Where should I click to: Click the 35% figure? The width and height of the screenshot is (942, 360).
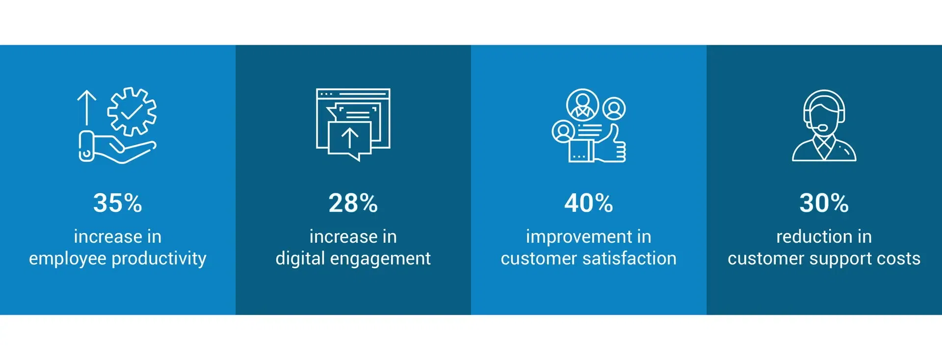pos(118,203)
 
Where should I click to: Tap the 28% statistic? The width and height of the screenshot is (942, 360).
pos(353,203)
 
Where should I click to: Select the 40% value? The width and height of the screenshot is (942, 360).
pos(589,203)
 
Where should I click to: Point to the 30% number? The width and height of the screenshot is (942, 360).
pos(824,203)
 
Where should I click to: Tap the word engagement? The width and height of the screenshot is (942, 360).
pos(381,259)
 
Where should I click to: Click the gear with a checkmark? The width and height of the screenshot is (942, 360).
pos(132,111)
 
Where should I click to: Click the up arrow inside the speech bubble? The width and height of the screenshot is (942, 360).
pos(350,138)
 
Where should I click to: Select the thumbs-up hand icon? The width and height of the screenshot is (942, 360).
pos(610,144)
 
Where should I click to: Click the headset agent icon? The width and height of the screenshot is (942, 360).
pos(824,126)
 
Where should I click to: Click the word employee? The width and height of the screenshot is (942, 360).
pos(68,258)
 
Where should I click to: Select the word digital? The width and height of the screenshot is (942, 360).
pos(300,258)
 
